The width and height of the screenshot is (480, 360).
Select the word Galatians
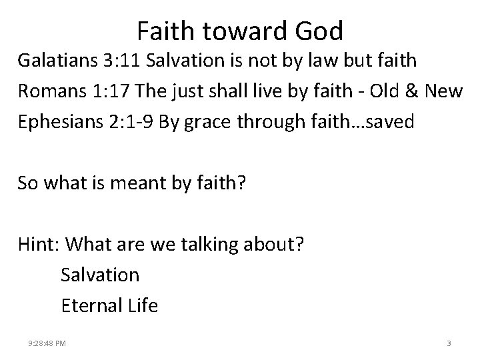pos(59,61)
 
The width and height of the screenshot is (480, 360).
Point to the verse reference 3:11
pos(124,61)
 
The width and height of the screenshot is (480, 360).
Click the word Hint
pos(39,244)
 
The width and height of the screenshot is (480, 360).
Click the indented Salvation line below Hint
pos(100,274)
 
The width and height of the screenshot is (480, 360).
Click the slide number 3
pos(449,343)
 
